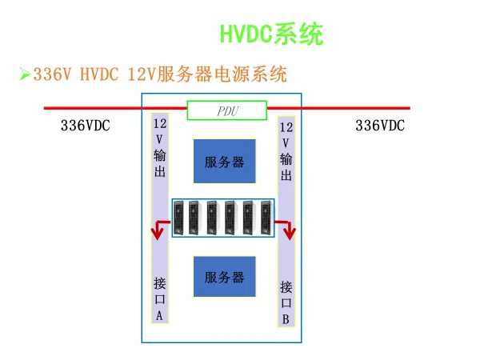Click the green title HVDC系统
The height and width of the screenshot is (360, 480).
[272, 34]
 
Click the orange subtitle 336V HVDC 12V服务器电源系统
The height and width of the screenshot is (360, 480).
[160, 75]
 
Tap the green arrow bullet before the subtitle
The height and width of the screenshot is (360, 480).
[25, 75]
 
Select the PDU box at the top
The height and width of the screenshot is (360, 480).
[227, 110]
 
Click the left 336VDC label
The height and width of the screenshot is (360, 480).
[86, 126]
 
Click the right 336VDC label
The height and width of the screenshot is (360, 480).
[380, 126]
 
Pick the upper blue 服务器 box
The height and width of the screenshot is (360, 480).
[224, 162]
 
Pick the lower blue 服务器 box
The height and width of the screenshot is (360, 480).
[224, 278]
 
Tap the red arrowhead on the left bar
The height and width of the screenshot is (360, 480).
[159, 233]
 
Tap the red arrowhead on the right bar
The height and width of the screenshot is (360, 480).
[289, 233]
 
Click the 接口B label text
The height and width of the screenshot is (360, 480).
[286, 302]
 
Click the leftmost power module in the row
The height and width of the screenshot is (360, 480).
[180, 217]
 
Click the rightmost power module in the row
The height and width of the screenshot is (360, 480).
[267, 217]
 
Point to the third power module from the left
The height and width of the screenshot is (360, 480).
[212, 217]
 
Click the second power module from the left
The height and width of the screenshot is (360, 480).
[195, 217]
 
